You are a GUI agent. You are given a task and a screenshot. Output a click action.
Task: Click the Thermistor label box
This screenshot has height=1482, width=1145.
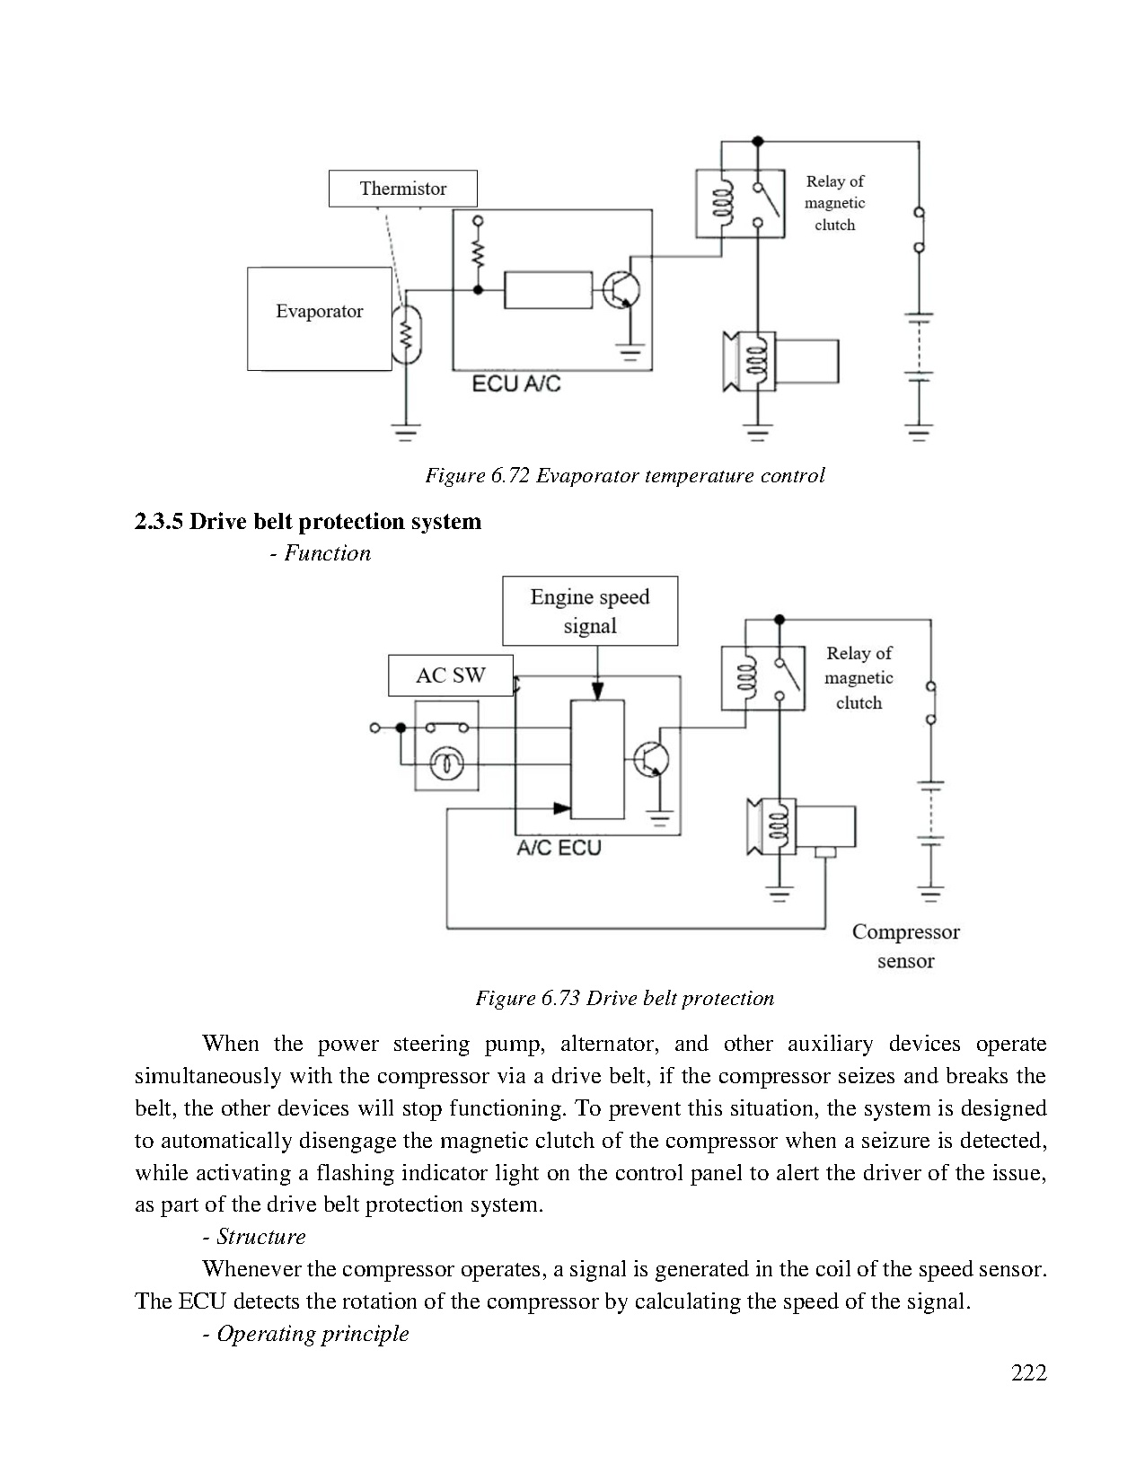(x=402, y=189)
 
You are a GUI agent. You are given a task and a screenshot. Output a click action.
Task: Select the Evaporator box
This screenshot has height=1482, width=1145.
(x=319, y=318)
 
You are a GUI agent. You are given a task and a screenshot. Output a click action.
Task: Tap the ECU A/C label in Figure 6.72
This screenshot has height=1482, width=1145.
(x=516, y=384)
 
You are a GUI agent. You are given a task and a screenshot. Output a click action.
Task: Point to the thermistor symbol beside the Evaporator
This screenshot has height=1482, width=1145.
(x=407, y=334)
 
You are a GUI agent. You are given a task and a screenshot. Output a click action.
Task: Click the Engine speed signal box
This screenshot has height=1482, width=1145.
(x=589, y=611)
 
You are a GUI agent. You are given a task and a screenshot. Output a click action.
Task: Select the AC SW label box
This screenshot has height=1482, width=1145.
(x=450, y=675)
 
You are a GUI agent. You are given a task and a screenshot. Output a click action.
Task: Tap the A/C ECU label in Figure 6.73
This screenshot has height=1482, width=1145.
(x=559, y=848)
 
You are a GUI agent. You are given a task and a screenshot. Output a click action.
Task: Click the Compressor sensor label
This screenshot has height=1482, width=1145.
(x=905, y=946)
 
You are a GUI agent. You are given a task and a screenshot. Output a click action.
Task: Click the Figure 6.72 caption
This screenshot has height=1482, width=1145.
(x=624, y=475)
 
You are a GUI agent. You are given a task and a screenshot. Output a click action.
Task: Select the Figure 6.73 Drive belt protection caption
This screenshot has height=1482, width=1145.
(x=624, y=998)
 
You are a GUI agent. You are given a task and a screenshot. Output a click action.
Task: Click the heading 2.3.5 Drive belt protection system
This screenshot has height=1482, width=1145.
(x=308, y=522)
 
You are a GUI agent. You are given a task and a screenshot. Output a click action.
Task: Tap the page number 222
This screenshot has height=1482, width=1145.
(x=1028, y=1372)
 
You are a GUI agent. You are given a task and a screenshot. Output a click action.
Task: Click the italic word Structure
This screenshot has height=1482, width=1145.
(x=260, y=1237)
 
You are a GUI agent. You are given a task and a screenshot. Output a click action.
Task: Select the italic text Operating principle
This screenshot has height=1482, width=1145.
(x=312, y=1334)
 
